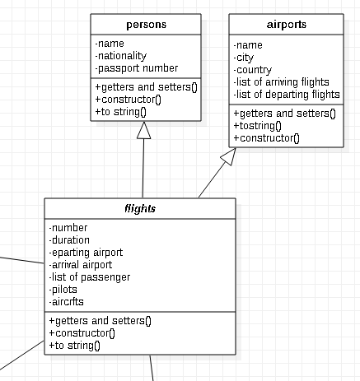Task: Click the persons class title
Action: (x=145, y=25)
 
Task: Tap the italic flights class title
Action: (x=140, y=209)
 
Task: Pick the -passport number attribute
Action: (x=137, y=68)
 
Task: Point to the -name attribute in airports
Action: (x=249, y=44)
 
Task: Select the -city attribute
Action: (x=245, y=57)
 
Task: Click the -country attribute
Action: (x=253, y=69)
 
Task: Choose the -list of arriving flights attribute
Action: (x=282, y=81)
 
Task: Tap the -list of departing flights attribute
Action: (x=287, y=94)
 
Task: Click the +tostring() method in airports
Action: (x=258, y=126)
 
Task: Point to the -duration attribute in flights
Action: (x=70, y=240)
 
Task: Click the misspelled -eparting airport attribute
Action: (x=86, y=253)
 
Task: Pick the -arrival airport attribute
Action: (x=81, y=265)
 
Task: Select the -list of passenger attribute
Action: (x=90, y=277)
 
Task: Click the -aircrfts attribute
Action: (x=67, y=302)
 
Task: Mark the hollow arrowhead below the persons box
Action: (x=144, y=130)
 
